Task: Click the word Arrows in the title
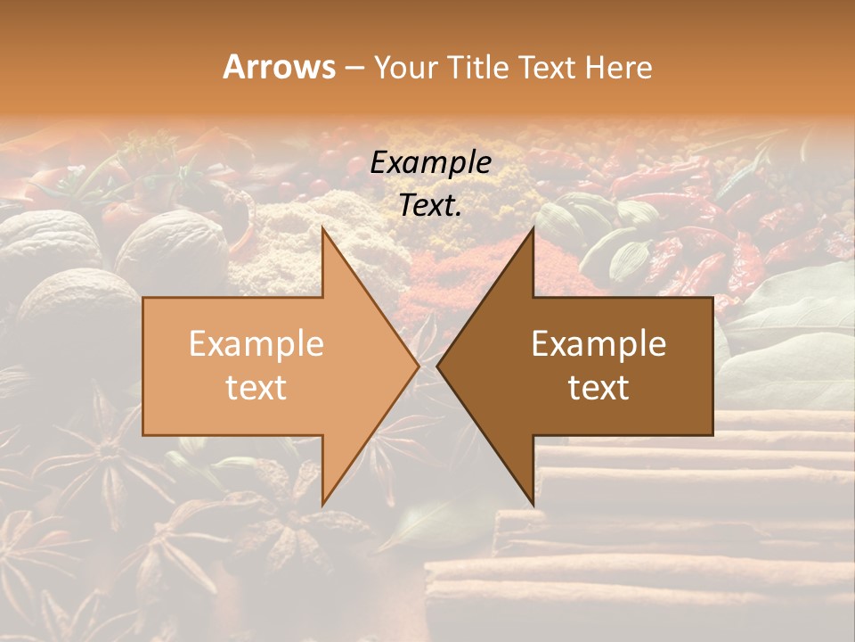[x=279, y=67]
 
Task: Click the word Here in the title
[x=620, y=67]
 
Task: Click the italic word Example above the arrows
[x=431, y=163]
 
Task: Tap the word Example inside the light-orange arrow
[x=256, y=344]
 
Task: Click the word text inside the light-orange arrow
[x=256, y=388]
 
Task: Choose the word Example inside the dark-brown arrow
[x=598, y=344]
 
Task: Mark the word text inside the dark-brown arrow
[x=598, y=388]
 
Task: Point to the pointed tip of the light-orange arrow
[x=418, y=366]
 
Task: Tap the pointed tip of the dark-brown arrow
[x=438, y=366]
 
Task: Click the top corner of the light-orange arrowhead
[x=323, y=229]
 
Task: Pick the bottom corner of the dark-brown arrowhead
[x=533, y=504]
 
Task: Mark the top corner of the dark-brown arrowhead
[x=533, y=229]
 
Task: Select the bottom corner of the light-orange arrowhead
[x=323, y=504]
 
